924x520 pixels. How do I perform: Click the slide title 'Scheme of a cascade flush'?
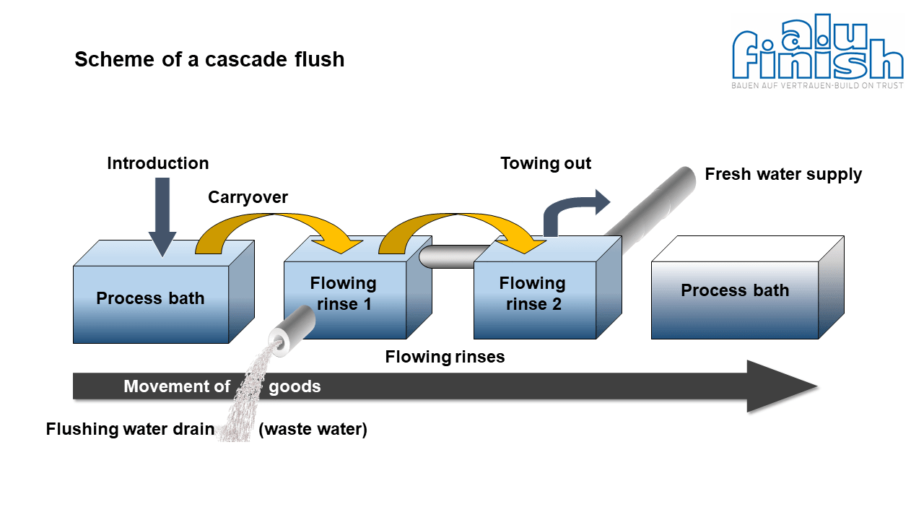point(209,59)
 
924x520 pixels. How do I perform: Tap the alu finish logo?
point(818,51)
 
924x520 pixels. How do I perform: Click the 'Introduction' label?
point(158,163)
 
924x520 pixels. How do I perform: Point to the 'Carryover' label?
point(248,197)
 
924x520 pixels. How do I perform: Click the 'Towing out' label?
point(546,163)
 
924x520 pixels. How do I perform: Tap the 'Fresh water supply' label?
point(783,174)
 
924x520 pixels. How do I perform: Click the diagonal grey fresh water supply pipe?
point(652,207)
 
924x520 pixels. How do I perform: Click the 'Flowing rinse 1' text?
point(343,293)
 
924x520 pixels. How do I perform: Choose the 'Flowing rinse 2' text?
point(533,293)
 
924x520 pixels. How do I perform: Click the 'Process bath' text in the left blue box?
point(150,298)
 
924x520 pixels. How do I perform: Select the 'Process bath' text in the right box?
point(735,290)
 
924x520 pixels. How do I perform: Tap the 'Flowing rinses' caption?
point(445,357)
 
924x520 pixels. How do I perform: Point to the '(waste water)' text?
point(313,429)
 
